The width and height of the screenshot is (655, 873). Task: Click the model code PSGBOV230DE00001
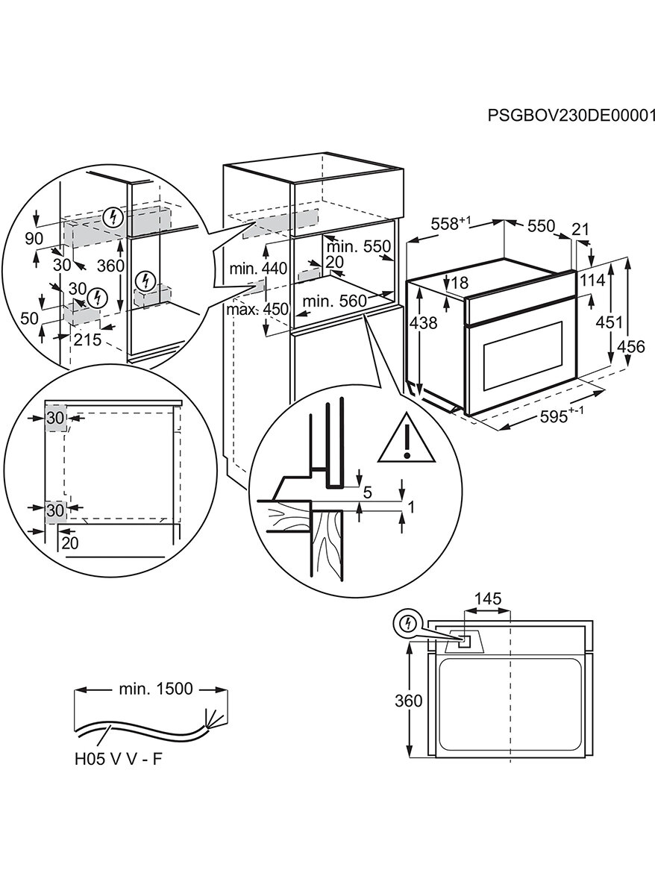click(571, 115)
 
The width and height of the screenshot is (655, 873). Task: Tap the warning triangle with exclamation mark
click(407, 439)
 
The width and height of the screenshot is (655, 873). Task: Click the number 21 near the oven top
click(580, 228)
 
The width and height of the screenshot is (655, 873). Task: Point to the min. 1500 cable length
click(155, 689)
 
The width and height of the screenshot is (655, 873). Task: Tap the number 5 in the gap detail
click(367, 492)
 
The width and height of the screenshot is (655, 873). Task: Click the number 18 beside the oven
click(460, 283)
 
